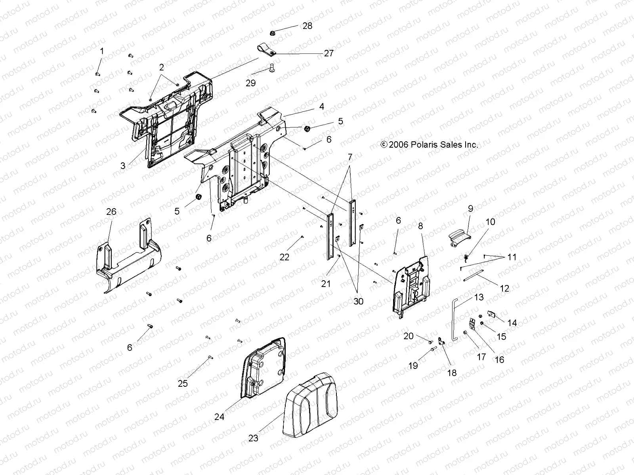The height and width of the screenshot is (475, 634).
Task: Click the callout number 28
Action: [x=307, y=26]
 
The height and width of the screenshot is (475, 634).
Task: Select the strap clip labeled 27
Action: [x=267, y=49]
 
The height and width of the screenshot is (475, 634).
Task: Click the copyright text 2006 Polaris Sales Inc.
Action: [x=429, y=145]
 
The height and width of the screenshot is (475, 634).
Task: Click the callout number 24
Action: [x=219, y=417]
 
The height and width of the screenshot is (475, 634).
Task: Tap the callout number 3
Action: [x=123, y=165]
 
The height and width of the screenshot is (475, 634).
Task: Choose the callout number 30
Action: [x=358, y=301]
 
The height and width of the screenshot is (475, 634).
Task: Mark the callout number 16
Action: [x=499, y=359]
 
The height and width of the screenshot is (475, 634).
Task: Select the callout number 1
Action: [x=102, y=51]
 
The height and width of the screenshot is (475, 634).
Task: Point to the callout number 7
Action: [x=349, y=158]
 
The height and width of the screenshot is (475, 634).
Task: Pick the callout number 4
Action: [x=321, y=106]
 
